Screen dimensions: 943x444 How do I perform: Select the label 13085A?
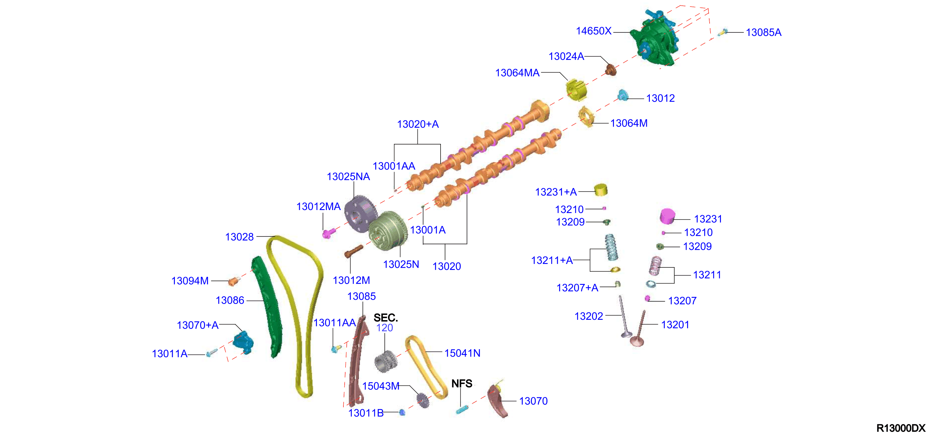tap(764, 33)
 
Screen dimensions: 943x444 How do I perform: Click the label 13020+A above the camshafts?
tap(418, 124)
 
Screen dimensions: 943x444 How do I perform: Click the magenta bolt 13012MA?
tap(328, 233)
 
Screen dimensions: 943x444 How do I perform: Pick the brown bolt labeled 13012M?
tap(354, 251)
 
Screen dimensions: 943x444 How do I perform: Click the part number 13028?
tap(239, 237)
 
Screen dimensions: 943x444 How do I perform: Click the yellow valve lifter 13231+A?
tap(601, 190)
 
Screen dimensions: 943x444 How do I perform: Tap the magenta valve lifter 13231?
tap(667, 216)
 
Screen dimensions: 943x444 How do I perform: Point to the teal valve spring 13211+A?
tap(611, 247)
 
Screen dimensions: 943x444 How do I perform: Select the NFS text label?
tap(461, 384)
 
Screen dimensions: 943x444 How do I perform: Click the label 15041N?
tap(462, 353)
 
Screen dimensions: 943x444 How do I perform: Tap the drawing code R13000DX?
tap(901, 428)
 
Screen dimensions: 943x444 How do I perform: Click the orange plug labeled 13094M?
tap(233, 281)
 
